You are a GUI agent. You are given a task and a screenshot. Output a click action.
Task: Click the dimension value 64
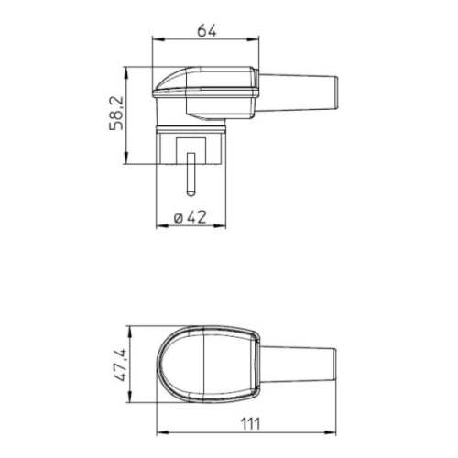(x=206, y=29)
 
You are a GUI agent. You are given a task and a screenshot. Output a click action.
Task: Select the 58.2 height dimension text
(x=116, y=114)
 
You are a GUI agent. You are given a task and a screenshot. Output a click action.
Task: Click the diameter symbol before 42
(x=178, y=218)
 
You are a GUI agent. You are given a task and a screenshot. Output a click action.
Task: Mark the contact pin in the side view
(x=191, y=175)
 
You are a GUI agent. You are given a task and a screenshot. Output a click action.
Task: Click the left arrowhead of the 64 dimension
(x=154, y=39)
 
